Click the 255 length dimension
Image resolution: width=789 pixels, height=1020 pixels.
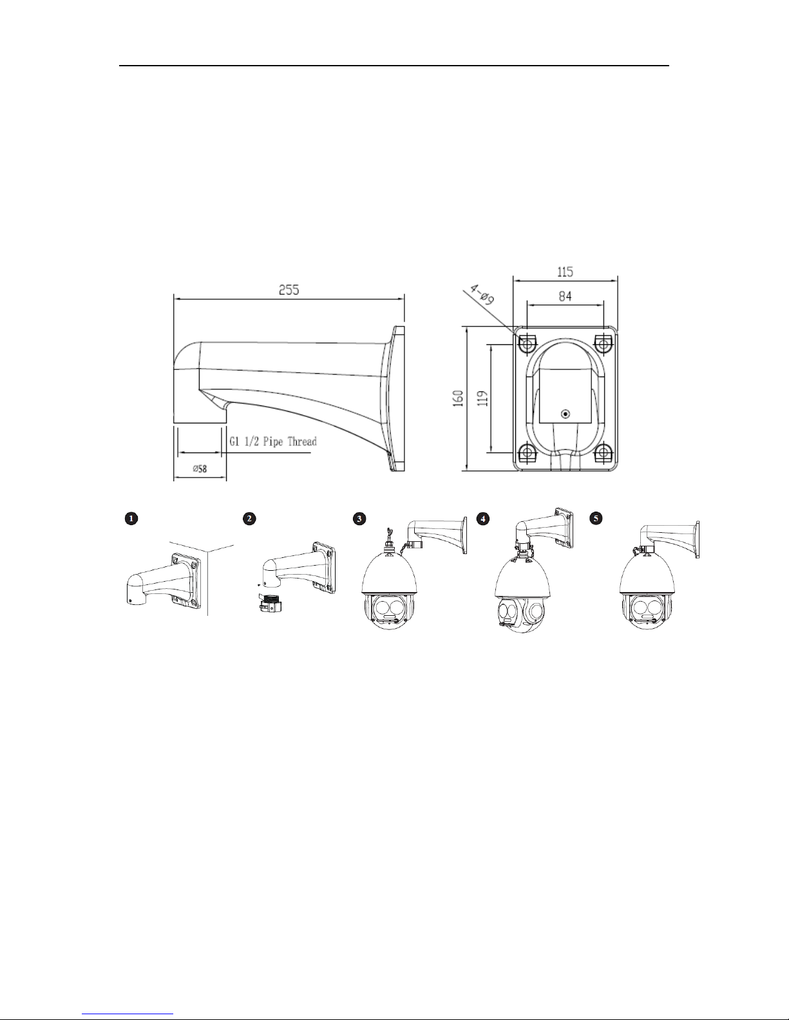click(x=289, y=290)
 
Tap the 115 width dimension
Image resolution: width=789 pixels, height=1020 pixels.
click(x=565, y=272)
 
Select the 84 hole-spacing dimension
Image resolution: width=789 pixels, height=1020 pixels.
click(x=565, y=296)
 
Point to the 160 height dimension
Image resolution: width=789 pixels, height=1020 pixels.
click(x=459, y=398)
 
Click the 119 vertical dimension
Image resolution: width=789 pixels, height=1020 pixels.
click(x=484, y=398)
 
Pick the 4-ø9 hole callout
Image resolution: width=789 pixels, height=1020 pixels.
click(x=482, y=295)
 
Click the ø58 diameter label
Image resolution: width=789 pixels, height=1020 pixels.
click(x=200, y=468)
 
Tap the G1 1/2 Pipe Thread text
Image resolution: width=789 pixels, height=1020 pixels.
click(x=273, y=441)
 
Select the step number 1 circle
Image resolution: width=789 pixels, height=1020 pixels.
click(x=131, y=518)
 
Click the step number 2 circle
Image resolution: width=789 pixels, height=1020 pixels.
click(x=249, y=518)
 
